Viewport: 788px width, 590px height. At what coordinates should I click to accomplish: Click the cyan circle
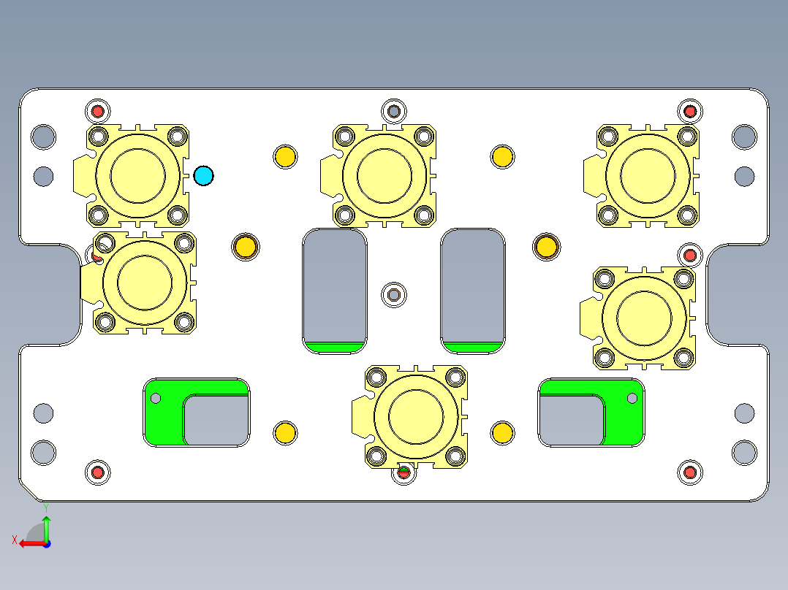coord(203,175)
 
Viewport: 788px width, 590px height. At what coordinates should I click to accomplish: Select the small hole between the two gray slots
coord(394,294)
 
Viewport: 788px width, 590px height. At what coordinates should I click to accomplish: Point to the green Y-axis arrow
coord(46,527)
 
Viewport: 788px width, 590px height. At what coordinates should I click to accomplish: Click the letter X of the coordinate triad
coord(14,540)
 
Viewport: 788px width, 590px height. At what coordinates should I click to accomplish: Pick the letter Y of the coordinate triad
coord(45,507)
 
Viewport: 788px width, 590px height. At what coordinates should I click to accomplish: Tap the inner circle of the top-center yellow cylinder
coord(384,175)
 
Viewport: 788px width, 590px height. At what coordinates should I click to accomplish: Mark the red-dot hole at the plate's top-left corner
coord(97,111)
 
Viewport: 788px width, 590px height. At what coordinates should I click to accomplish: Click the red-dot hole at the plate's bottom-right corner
coord(689,472)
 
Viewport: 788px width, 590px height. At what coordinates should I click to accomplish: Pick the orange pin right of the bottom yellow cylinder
coord(502,432)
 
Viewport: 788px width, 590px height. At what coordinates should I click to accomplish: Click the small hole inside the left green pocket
coord(155,398)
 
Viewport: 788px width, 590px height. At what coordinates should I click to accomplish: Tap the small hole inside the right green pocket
coord(632,398)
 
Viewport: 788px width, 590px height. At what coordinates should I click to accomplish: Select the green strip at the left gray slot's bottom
coord(335,347)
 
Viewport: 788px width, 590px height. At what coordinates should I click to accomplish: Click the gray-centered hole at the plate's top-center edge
coord(394,111)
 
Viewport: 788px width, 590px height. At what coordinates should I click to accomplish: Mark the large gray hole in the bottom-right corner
coord(744,452)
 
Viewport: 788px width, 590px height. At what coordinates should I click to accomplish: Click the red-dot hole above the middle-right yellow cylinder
coord(689,255)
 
